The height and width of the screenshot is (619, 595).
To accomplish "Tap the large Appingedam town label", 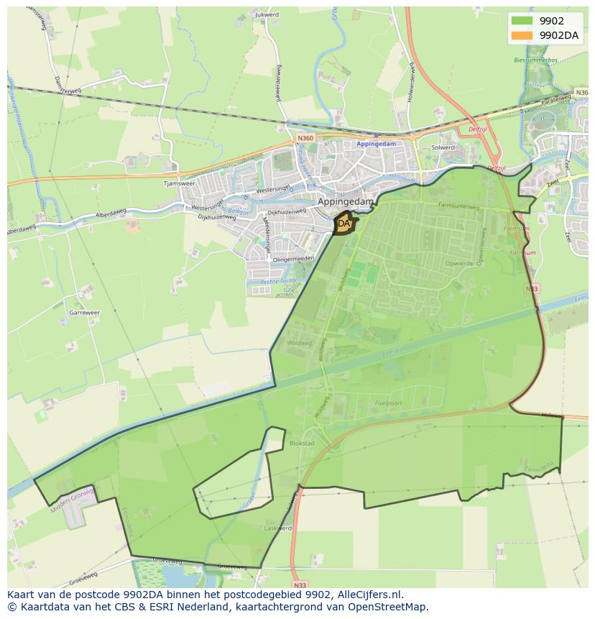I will pos(346,202).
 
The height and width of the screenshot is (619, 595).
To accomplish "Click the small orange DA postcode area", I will pos(344,224).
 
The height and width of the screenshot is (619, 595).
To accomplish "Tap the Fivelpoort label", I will pos(408,403).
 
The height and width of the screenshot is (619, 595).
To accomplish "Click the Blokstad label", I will pos(302,444).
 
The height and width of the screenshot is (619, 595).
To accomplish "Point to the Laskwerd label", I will pos(279,528).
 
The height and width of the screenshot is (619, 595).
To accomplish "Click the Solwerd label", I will pos(443,147).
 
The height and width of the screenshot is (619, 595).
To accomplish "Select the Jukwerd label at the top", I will pos(266,14).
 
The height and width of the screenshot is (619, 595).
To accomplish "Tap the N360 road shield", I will pos(305,138).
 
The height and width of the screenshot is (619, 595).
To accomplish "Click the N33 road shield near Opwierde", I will pos(532,289).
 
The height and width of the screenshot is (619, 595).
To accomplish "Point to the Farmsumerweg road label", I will pos(458,206).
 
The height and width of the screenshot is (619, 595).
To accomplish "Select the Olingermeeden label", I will pos(293,258).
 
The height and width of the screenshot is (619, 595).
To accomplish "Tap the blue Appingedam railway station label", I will pos(377,144).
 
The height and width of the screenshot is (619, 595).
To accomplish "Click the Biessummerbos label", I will pos(535,60).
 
